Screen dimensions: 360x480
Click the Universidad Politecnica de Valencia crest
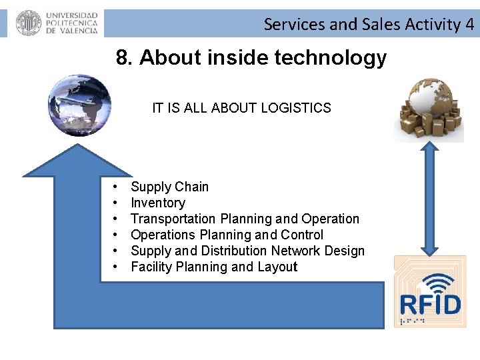[28, 23]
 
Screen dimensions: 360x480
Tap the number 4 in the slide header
[470, 25]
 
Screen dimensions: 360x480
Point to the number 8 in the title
[123, 58]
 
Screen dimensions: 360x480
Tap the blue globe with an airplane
[79, 105]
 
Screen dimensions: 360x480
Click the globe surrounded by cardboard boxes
[429, 109]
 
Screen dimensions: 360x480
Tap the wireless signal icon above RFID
[431, 281]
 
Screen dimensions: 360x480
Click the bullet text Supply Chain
[169, 187]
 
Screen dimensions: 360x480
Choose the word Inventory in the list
[158, 203]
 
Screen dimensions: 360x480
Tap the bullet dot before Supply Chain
[115, 187]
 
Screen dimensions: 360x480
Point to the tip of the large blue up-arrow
[79, 143]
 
